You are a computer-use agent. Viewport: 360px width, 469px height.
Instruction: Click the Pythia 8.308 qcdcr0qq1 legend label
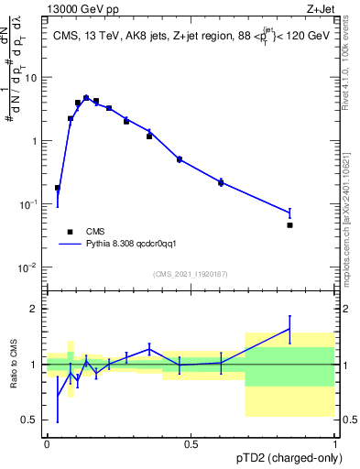137,245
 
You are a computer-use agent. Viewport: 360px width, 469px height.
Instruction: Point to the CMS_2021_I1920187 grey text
190,273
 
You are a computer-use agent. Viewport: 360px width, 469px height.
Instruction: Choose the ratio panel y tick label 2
35,309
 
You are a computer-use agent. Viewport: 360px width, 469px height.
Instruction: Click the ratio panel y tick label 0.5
31,420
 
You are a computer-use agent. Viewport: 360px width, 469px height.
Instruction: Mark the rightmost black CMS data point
289,224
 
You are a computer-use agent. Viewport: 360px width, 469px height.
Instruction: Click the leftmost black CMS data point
58,188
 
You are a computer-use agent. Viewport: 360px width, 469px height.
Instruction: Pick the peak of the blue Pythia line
86,97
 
